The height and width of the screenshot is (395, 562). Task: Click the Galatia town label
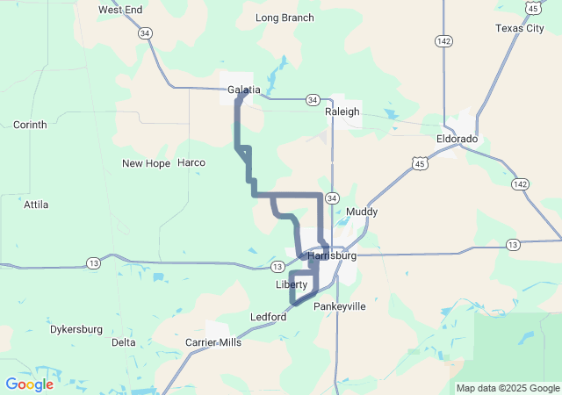tap(243, 90)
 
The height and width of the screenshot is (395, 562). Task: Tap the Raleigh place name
tap(342, 111)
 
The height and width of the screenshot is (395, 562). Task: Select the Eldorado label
tap(457, 139)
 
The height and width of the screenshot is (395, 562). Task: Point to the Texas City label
tap(519, 28)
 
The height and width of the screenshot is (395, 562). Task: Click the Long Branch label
tap(284, 18)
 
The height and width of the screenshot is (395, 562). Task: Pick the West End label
tap(120, 10)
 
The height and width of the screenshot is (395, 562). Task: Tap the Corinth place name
tap(30, 125)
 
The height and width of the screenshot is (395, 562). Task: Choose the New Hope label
tap(146, 163)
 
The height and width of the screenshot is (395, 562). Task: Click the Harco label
tap(191, 162)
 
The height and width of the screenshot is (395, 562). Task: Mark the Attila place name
tap(36, 205)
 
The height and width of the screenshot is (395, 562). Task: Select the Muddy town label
tap(362, 212)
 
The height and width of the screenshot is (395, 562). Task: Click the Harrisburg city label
tap(333, 255)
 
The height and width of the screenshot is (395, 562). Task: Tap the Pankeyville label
tap(339, 306)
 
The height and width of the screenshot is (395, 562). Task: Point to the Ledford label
tap(268, 317)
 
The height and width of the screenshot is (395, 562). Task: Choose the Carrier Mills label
tap(213, 342)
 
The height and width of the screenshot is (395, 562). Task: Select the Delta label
tap(124, 342)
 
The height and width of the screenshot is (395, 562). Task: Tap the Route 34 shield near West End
tap(145, 33)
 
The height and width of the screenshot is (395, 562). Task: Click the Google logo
tap(29, 384)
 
